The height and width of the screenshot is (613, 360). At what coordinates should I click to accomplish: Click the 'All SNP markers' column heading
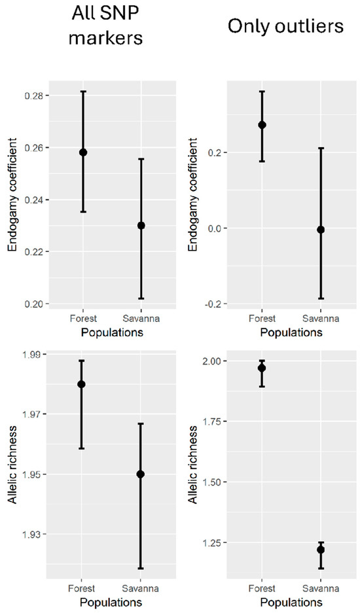point(105,26)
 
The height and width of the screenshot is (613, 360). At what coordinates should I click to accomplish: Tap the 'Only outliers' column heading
point(285,27)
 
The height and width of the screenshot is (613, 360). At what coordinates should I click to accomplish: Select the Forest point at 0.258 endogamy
point(83,152)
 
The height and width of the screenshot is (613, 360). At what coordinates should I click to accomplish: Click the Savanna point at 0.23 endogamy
point(141,226)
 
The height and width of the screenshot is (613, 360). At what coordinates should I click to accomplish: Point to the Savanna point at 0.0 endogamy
point(321,230)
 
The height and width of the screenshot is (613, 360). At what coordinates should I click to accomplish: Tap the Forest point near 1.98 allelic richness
point(81,384)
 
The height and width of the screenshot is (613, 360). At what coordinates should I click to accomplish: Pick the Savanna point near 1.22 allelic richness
point(321,550)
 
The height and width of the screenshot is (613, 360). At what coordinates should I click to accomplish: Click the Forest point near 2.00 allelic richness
point(262,368)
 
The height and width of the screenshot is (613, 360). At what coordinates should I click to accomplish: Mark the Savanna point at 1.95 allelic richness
point(141,474)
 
